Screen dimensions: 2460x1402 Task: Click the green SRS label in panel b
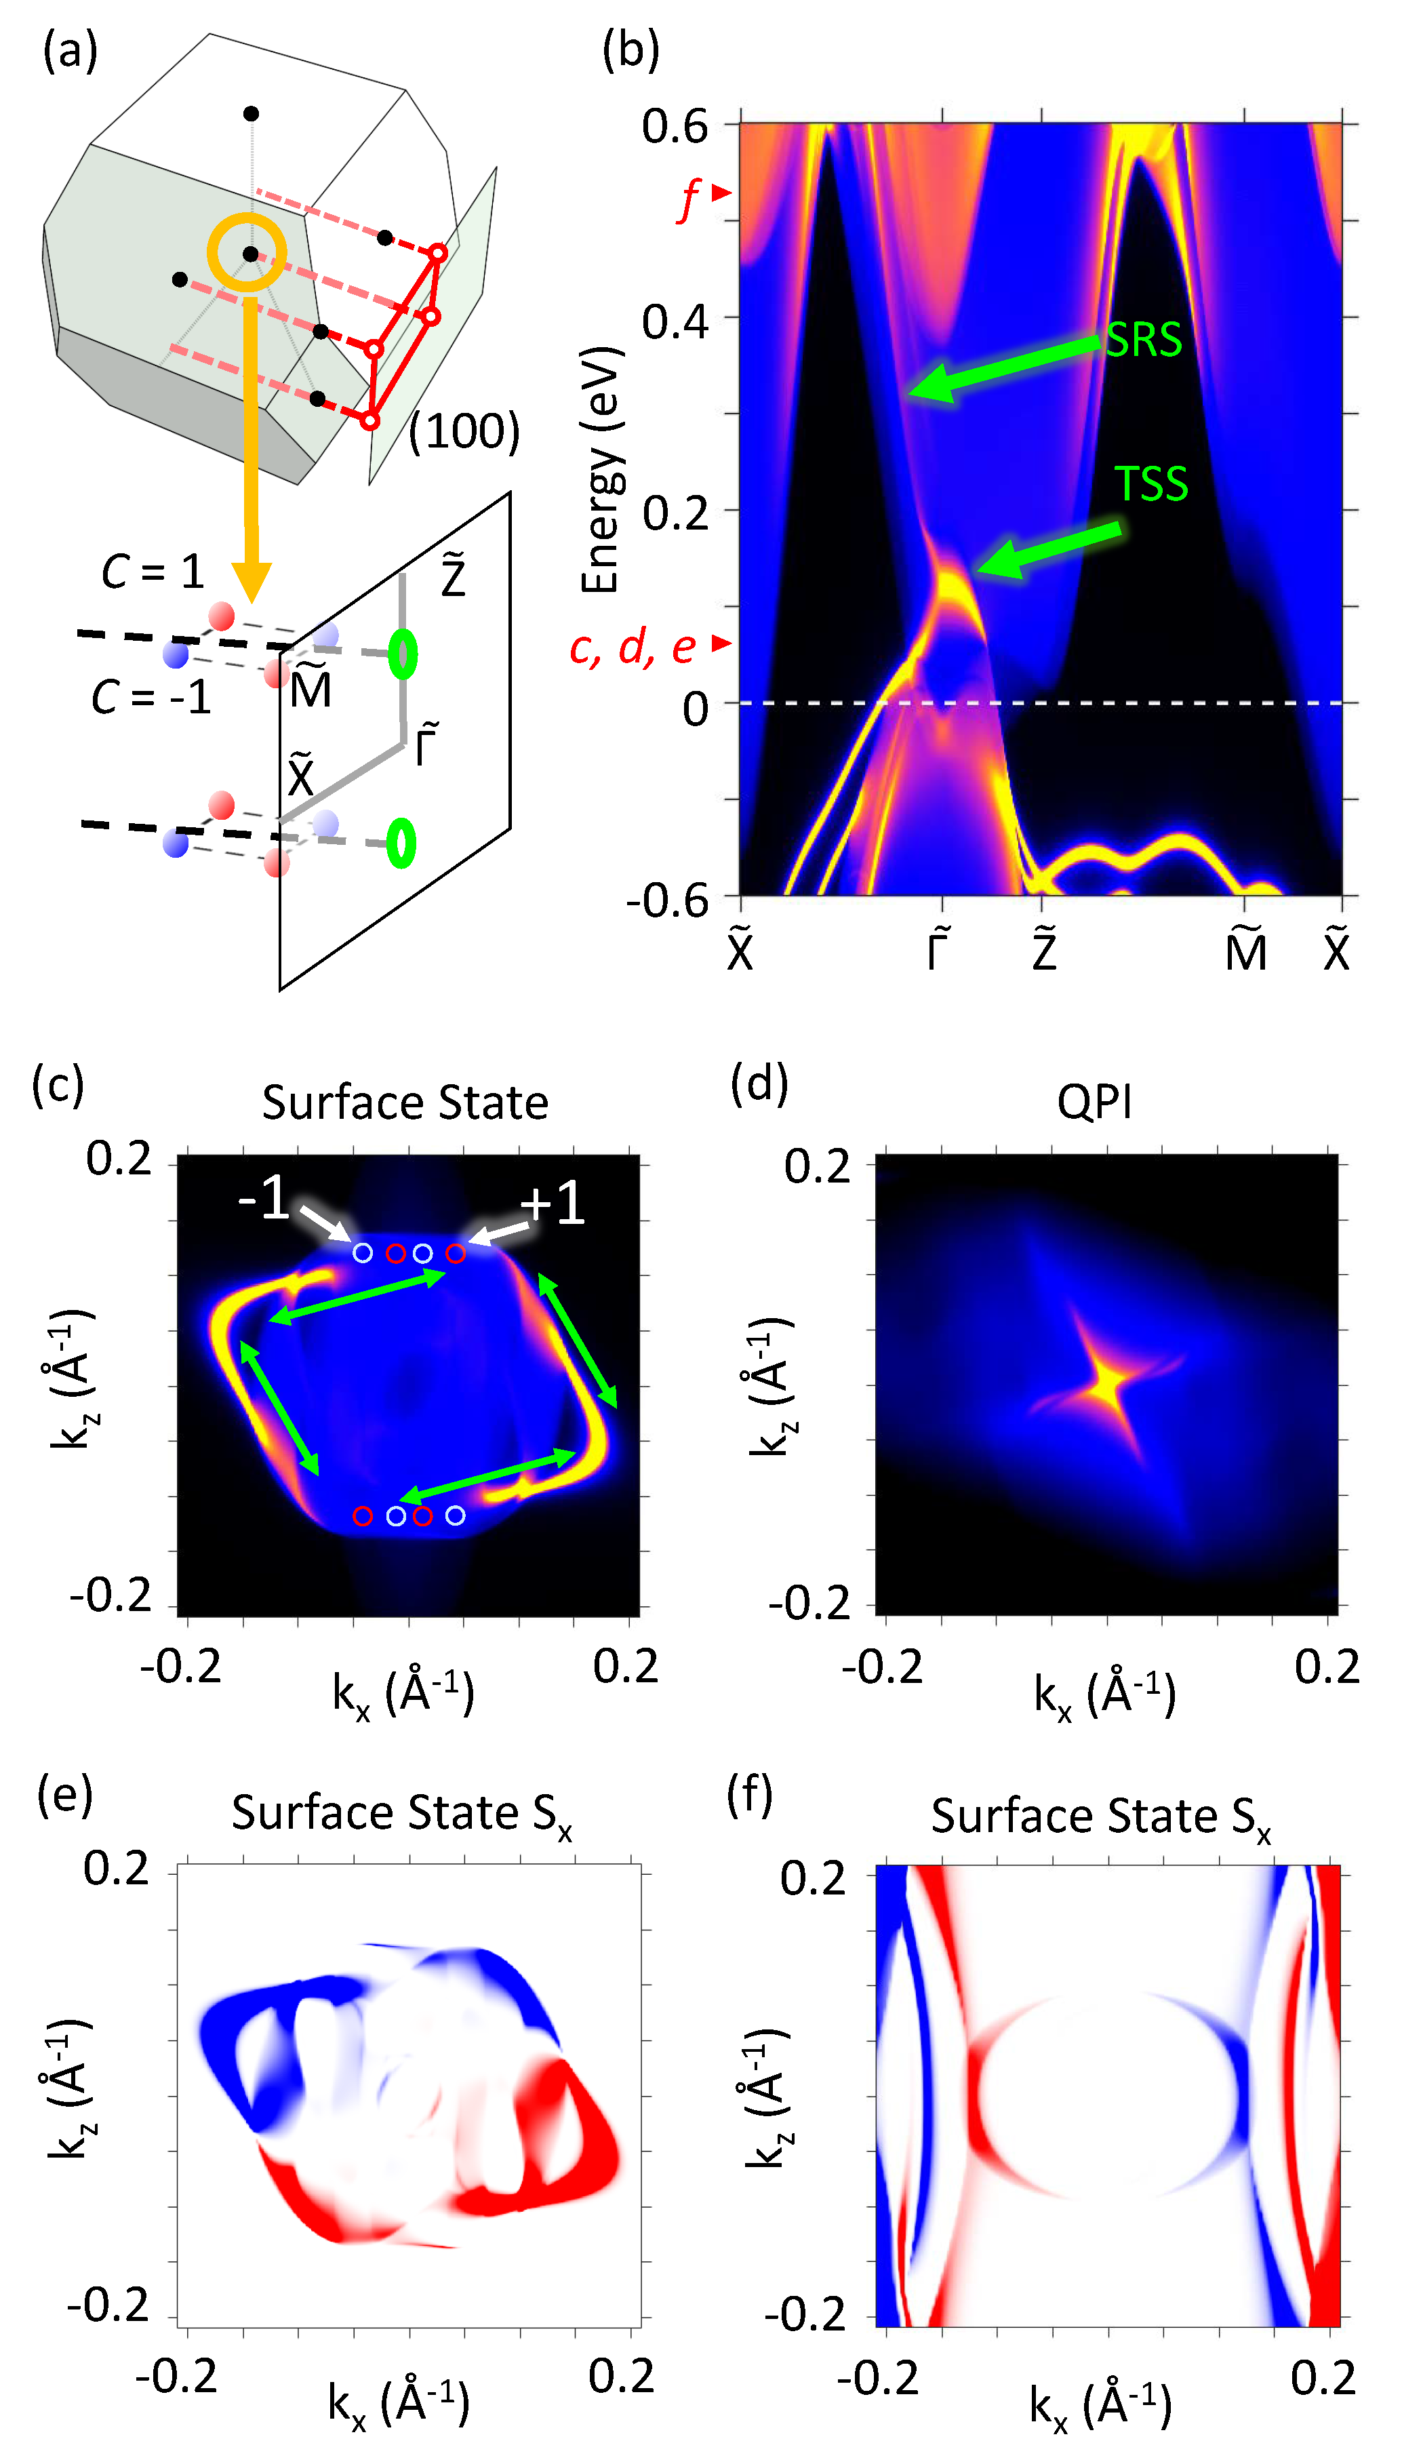(x=1143, y=339)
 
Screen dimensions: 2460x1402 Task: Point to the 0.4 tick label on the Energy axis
(x=675, y=321)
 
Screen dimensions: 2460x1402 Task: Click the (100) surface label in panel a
(x=464, y=431)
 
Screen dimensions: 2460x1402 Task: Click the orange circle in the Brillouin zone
(x=247, y=253)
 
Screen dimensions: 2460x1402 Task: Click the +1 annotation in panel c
(x=552, y=1204)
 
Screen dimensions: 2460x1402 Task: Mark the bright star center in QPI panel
(x=1107, y=1387)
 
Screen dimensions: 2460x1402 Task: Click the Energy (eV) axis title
(x=601, y=470)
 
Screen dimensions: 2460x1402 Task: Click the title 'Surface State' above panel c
(x=405, y=1103)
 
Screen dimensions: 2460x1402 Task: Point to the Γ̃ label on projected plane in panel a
(x=426, y=745)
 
